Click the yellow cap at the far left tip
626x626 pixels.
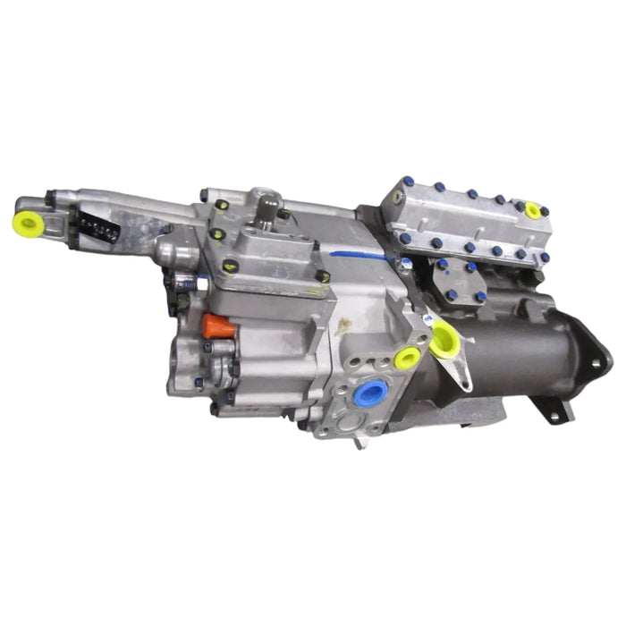pyautogui.click(x=24, y=224)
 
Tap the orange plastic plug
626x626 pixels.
pyautogui.click(x=217, y=326)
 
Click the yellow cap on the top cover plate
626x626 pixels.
pyautogui.click(x=533, y=211)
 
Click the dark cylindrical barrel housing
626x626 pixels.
pyautogui.click(x=528, y=340)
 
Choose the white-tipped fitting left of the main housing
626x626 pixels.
pyautogui.click(x=166, y=250)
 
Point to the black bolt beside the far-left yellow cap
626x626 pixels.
pyautogui.click(x=52, y=196)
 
